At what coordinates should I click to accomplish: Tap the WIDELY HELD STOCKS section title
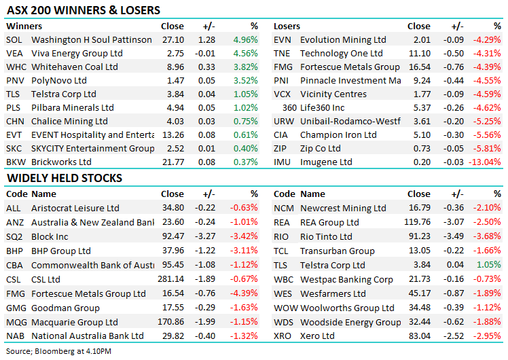(x=65, y=178)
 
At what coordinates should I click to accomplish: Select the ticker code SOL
(x=14, y=40)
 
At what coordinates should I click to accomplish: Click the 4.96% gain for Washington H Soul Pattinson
(x=245, y=40)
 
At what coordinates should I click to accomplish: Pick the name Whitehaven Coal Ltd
(x=74, y=67)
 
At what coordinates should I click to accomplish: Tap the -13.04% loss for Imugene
(x=485, y=162)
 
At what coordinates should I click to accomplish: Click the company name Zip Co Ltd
(x=320, y=149)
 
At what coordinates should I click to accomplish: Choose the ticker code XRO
(x=283, y=336)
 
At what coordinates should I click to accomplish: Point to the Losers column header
(x=287, y=26)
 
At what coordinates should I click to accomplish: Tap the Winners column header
(x=24, y=26)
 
